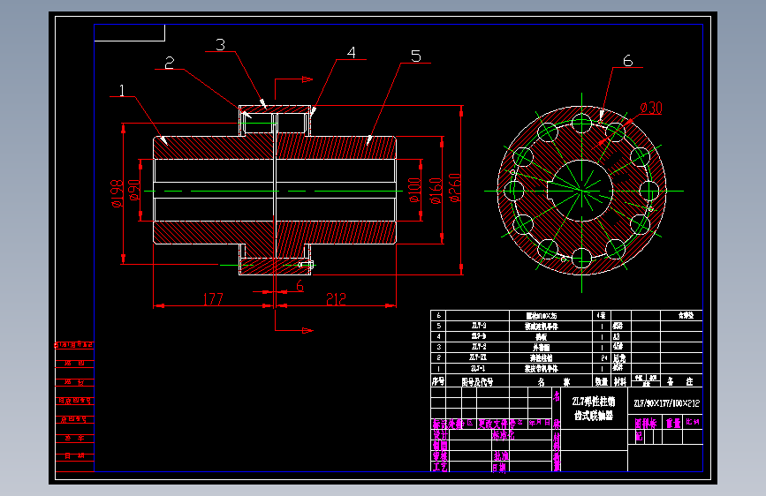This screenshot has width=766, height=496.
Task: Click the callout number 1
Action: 121,90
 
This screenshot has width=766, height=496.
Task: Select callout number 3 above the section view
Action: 220,44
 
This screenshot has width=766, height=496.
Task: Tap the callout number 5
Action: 415,56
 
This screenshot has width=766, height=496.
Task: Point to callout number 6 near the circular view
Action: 627,61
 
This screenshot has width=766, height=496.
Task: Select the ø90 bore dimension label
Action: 134,191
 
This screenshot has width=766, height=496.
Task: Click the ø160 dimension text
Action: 435,189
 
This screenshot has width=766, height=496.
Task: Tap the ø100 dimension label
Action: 413,189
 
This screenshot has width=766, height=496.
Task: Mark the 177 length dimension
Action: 212,299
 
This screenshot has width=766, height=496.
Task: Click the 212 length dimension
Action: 336,299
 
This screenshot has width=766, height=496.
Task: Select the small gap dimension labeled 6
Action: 300,287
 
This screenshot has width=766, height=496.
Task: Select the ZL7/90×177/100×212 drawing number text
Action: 666,403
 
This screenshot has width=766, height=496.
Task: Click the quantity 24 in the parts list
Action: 601,358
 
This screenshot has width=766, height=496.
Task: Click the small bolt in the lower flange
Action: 305,264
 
